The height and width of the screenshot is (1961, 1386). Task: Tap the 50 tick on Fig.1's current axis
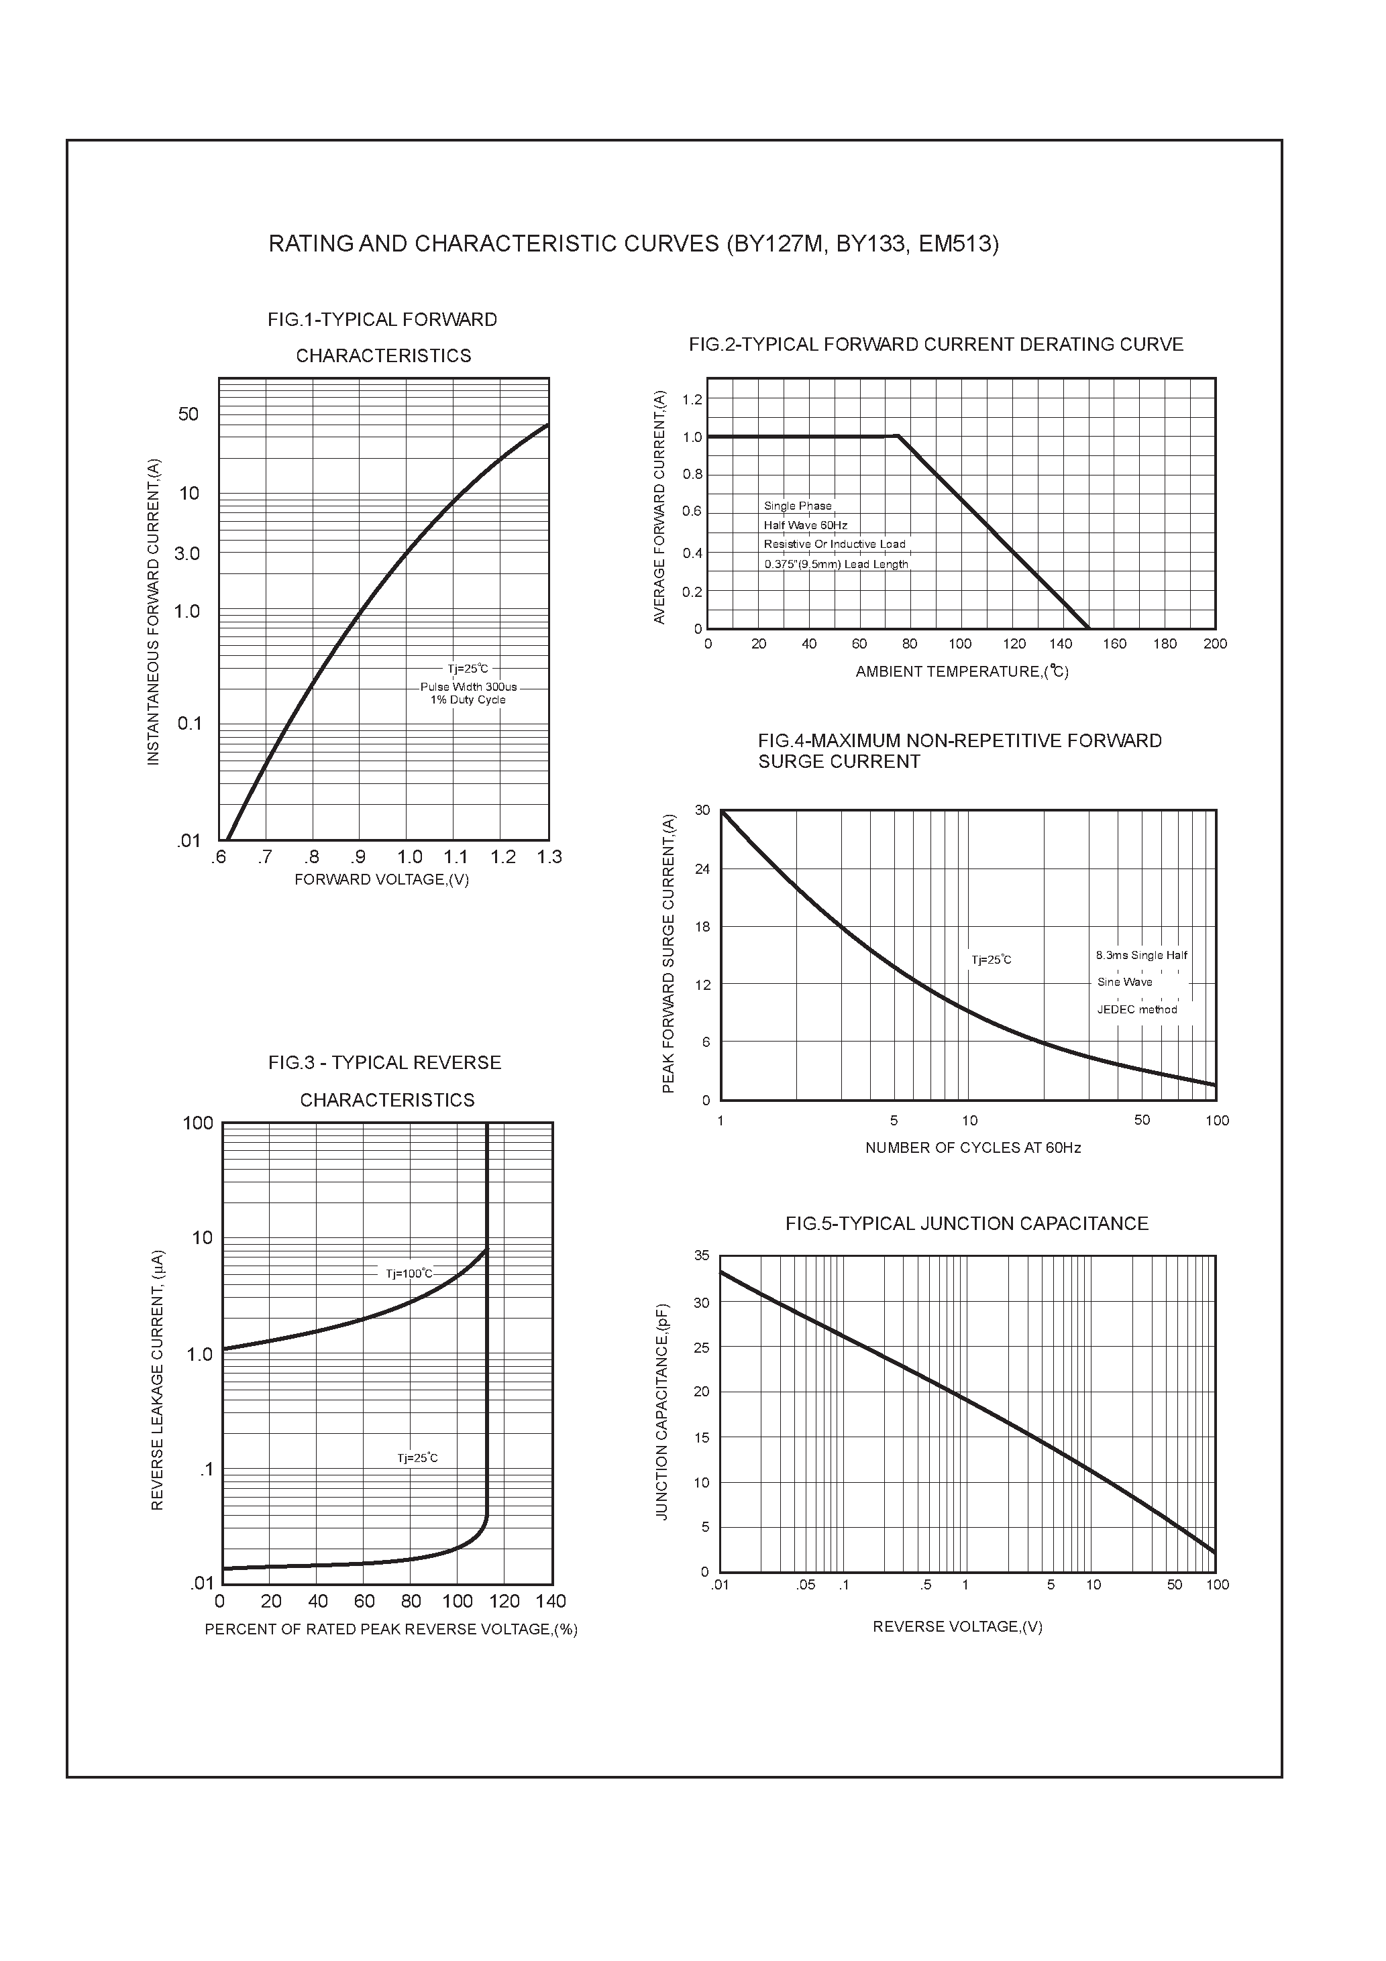click(x=188, y=414)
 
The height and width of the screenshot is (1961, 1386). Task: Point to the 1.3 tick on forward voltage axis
click(x=549, y=856)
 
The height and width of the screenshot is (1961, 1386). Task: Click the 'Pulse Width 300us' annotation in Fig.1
click(x=468, y=687)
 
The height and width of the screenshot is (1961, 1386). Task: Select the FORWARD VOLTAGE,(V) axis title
click(x=381, y=880)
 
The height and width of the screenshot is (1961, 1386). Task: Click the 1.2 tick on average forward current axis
click(x=692, y=400)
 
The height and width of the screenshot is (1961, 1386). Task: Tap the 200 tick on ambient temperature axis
click(x=1214, y=644)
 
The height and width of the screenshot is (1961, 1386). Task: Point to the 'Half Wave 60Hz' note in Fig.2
click(x=805, y=525)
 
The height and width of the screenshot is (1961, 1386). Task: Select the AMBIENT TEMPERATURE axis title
click(x=961, y=672)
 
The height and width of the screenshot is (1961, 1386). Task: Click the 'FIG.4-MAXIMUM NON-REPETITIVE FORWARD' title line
click(x=959, y=740)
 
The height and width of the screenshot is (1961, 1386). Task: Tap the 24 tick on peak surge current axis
click(x=702, y=869)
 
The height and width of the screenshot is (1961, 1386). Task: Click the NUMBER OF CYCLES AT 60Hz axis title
click(x=973, y=1148)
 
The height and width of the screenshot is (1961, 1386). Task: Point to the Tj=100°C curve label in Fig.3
click(x=409, y=1274)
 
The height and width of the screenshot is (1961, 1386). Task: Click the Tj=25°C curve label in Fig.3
click(x=417, y=1458)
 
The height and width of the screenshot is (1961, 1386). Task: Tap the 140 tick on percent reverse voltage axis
click(x=550, y=1601)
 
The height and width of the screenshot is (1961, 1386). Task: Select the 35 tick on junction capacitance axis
click(x=702, y=1255)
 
